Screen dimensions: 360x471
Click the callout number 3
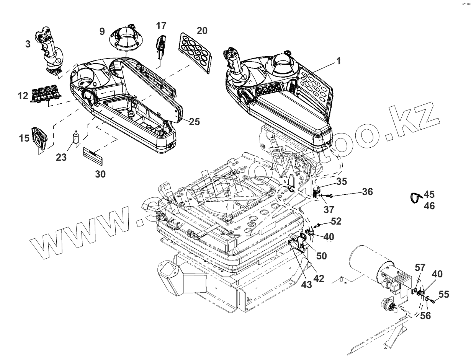click(x=28, y=44)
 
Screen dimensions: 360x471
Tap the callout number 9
click(x=102, y=31)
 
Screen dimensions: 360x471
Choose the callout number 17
click(x=162, y=26)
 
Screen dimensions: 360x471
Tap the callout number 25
click(x=194, y=122)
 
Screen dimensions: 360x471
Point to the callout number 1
click(x=338, y=61)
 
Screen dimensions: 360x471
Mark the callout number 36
click(x=366, y=191)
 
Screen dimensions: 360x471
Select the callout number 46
click(x=429, y=206)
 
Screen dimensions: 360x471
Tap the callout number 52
click(x=336, y=221)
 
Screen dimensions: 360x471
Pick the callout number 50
click(x=321, y=256)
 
